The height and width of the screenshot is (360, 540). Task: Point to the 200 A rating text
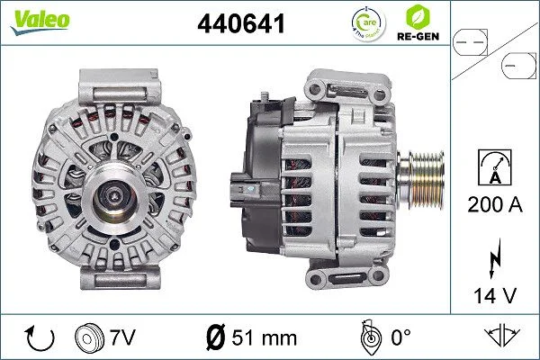[x=495, y=204]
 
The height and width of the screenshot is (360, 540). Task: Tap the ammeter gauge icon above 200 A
[x=495, y=168]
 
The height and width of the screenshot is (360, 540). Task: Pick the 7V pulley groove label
[x=122, y=337]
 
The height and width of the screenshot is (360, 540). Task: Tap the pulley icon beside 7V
[x=91, y=338]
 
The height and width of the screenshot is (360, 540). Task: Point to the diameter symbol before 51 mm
[x=216, y=338]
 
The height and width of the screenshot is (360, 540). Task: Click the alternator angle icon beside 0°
[x=366, y=338]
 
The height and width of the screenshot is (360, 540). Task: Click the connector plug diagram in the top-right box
[x=494, y=53]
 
